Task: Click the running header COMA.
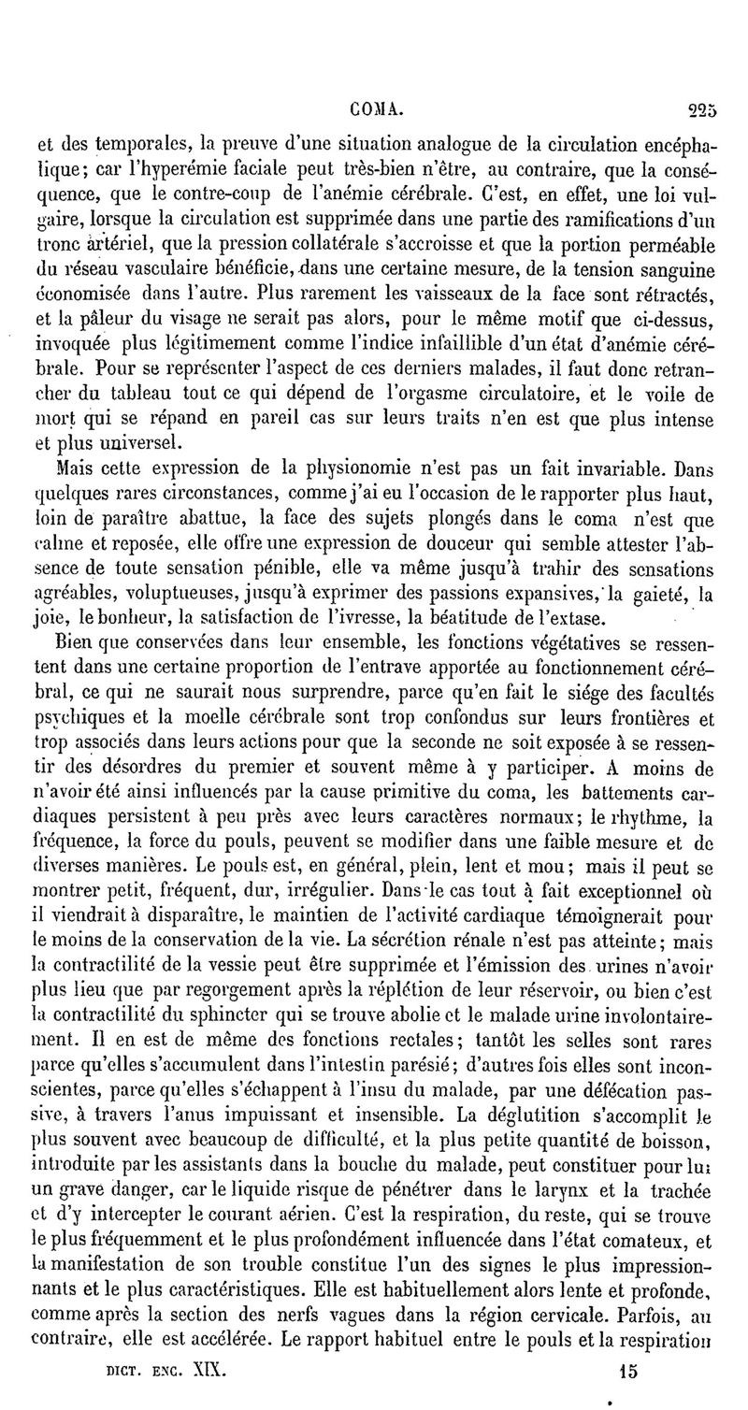(x=377, y=109)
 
